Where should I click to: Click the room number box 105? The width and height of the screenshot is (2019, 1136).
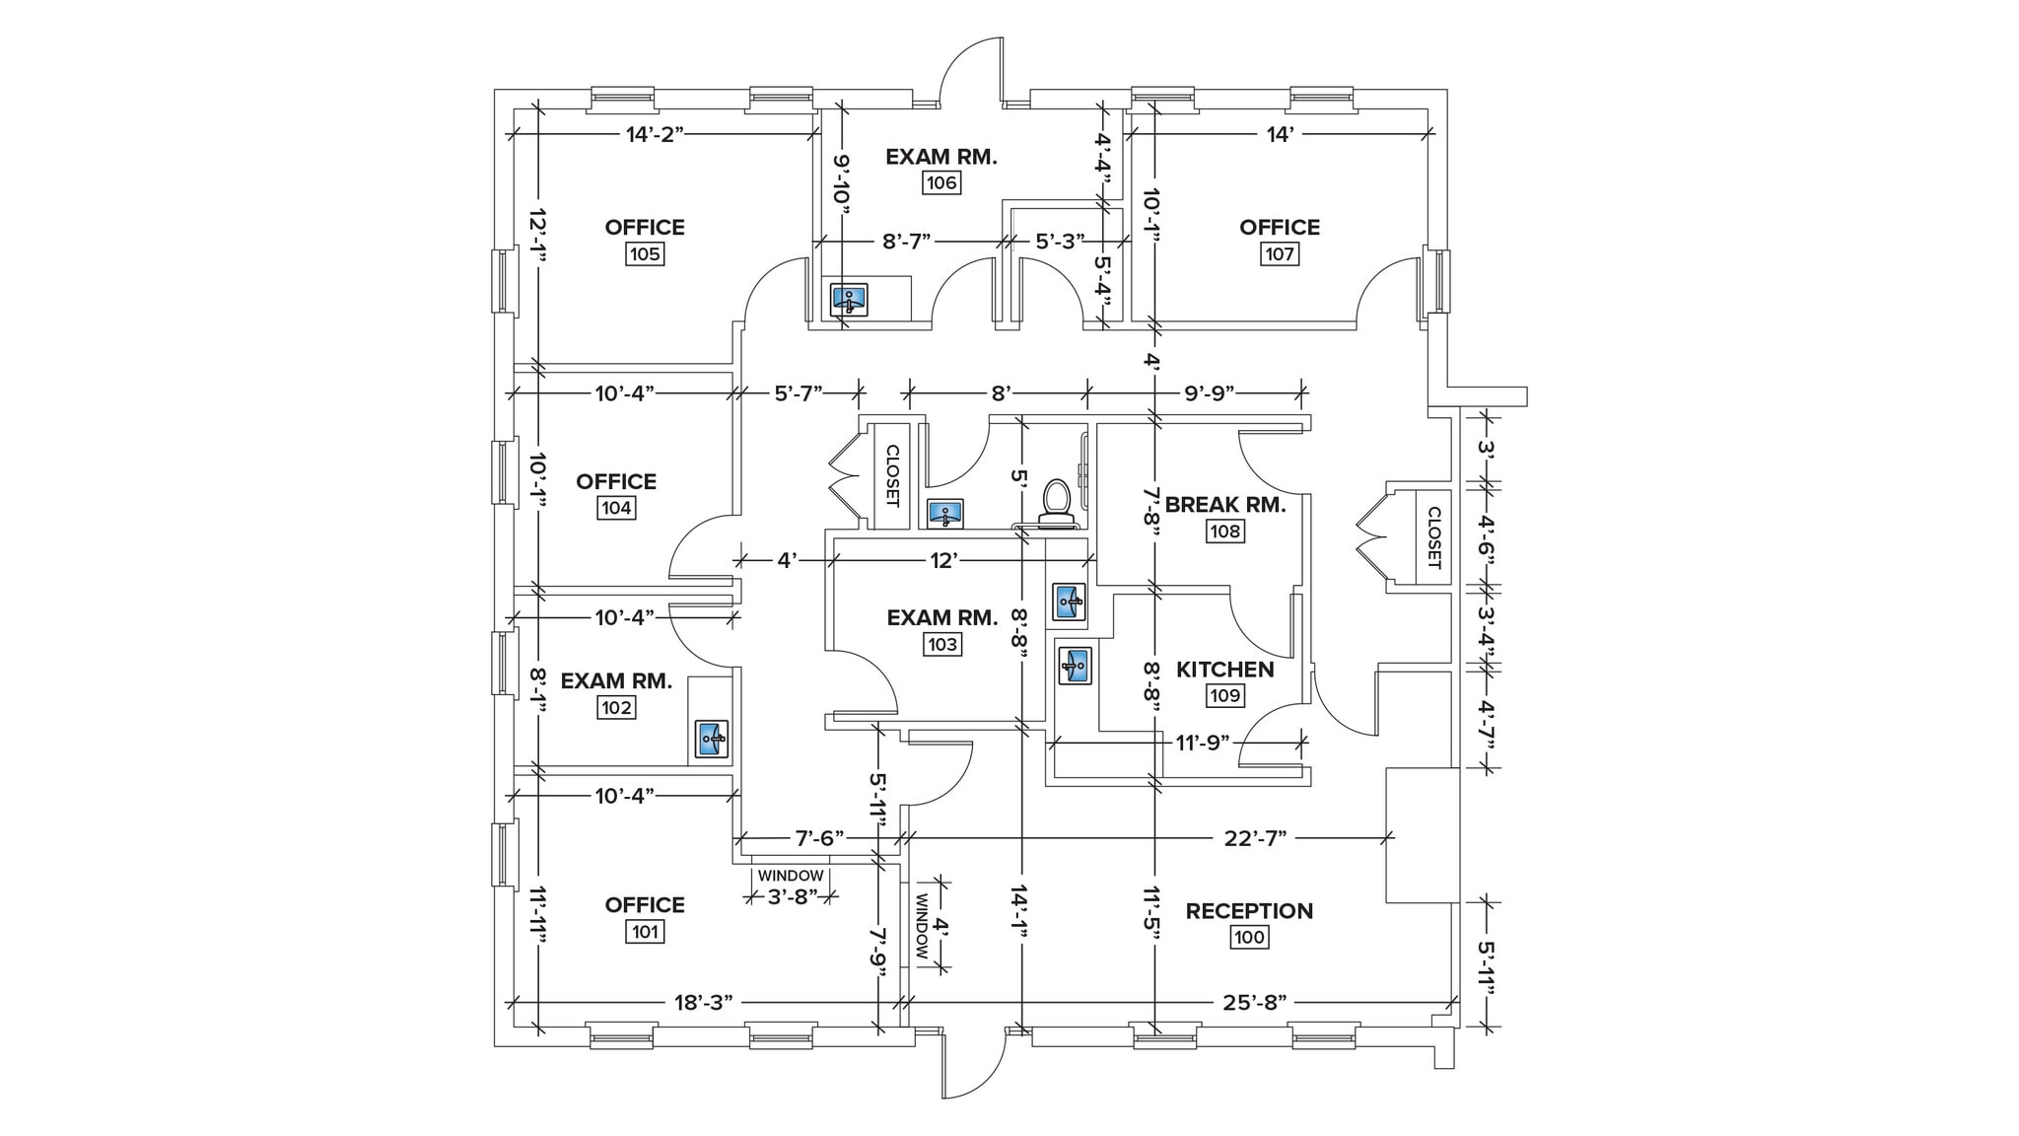point(645,254)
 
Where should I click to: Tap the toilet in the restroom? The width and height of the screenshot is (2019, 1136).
point(1057,501)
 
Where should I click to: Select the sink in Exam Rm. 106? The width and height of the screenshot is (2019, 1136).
point(849,299)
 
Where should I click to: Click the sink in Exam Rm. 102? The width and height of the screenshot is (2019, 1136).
point(712,738)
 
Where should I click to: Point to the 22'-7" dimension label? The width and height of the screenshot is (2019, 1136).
point(1255,838)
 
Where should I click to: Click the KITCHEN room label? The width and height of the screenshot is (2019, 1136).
point(1224,670)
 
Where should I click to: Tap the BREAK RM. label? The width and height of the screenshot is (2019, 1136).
point(1224,505)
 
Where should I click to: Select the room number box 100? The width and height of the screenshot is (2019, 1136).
point(1249,937)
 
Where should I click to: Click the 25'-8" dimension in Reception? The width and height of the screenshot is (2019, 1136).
point(1255,1003)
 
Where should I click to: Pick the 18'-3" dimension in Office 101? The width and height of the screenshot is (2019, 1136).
point(704,1003)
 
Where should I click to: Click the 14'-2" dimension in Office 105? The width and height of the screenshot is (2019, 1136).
point(655,135)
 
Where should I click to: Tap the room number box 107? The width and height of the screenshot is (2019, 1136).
point(1280,254)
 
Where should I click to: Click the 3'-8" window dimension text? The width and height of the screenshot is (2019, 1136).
point(794,896)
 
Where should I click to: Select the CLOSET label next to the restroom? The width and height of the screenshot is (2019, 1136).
point(892,475)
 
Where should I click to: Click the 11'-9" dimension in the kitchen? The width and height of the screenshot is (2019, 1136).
point(1202,742)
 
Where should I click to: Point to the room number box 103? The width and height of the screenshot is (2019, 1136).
point(941,645)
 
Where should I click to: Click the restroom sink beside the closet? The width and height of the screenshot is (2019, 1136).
point(946,514)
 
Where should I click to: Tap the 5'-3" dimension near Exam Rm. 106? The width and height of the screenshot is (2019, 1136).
point(1060,241)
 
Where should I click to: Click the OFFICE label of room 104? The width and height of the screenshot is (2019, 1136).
point(616,481)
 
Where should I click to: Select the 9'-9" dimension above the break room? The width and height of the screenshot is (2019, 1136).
point(1210,393)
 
